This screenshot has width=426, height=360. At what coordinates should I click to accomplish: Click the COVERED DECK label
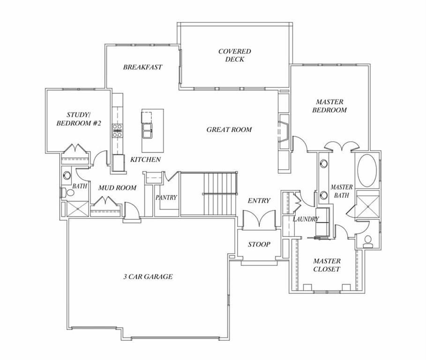[x=234, y=55]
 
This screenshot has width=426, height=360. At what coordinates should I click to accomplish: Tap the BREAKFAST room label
[x=142, y=67]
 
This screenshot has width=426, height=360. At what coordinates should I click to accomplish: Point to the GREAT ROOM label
[x=229, y=129]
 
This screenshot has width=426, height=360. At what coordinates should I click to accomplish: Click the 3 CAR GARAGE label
[x=148, y=277]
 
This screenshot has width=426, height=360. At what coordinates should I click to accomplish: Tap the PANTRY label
[x=166, y=197]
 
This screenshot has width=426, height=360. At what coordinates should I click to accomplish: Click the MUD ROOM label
[x=117, y=188]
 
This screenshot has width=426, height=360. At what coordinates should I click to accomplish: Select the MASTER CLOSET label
[x=327, y=265]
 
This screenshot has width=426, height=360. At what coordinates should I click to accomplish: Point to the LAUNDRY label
[x=306, y=219]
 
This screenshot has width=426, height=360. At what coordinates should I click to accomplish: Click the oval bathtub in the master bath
[x=367, y=169]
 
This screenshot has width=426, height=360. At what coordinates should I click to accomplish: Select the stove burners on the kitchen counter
[x=116, y=130]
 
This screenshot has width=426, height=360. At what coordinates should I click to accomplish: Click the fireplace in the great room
[x=284, y=131]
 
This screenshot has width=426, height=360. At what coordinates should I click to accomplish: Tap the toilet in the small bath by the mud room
[x=64, y=192]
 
